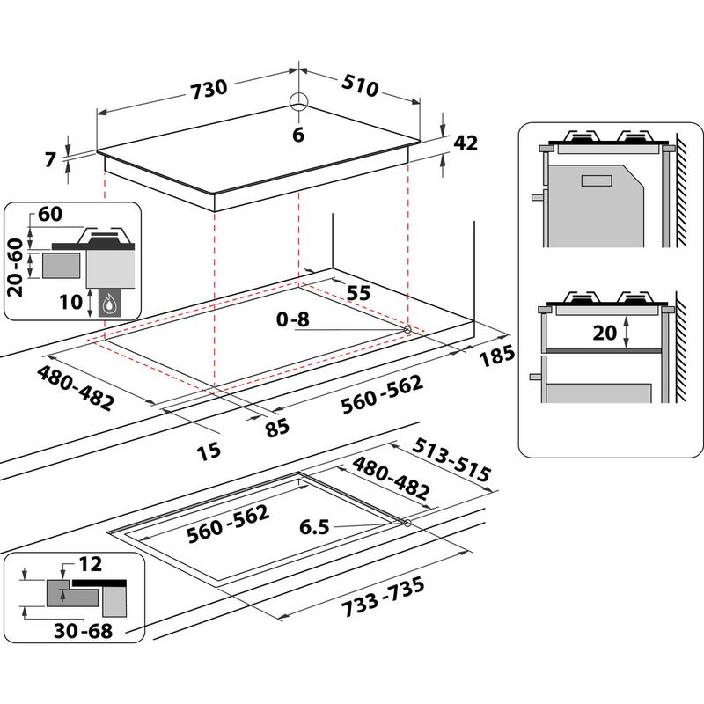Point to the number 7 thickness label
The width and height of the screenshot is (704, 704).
(49, 159)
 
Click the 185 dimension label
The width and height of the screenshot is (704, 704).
(496, 357)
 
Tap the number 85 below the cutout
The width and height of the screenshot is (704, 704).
(277, 429)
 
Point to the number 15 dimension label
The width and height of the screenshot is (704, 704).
(209, 451)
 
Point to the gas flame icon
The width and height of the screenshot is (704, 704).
(110, 304)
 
